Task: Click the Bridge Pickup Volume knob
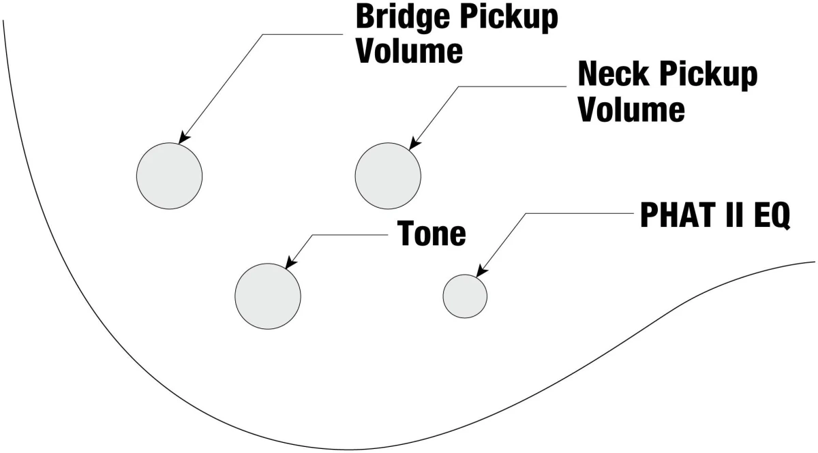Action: click(169, 176)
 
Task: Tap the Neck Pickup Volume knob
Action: click(387, 176)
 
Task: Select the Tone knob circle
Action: click(267, 296)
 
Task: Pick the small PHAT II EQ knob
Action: click(465, 296)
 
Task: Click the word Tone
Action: click(431, 234)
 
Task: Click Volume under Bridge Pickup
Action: click(409, 52)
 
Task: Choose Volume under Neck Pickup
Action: click(631, 108)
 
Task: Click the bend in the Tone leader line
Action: click(313, 236)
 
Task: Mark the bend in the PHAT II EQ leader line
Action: click(526, 214)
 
